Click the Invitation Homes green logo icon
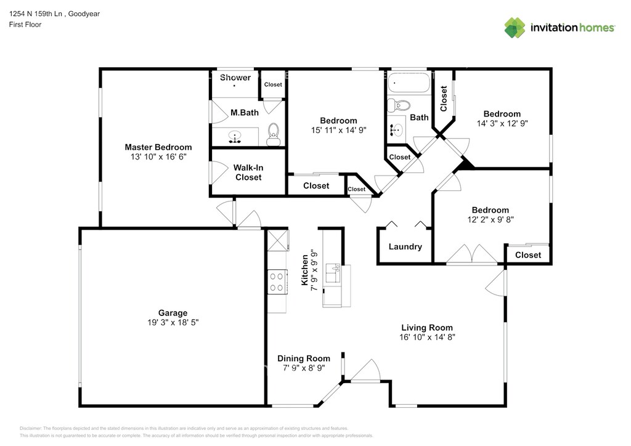[x=515, y=28]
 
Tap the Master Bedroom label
[x=158, y=147]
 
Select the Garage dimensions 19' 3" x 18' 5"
[x=173, y=323]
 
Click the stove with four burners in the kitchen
[x=277, y=282]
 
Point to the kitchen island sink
[x=333, y=273]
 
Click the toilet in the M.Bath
[x=274, y=134]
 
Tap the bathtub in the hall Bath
[x=409, y=83]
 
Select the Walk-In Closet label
[x=248, y=172]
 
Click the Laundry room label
[x=405, y=246]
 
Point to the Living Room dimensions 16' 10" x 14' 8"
[x=427, y=338]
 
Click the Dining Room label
[x=304, y=359]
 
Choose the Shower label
[x=235, y=77]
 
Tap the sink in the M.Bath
[x=235, y=137]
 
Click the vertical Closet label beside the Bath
[x=444, y=99]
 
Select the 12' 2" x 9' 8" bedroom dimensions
[x=491, y=219]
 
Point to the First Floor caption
[x=25, y=25]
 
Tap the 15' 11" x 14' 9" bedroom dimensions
[x=338, y=131]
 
